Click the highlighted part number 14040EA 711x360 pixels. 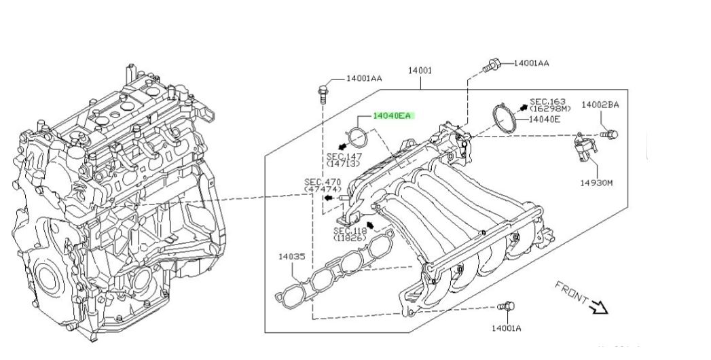click(x=392, y=116)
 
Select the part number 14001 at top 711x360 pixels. click(x=420, y=70)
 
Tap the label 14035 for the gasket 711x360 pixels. click(x=291, y=257)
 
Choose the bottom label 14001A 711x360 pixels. click(x=506, y=328)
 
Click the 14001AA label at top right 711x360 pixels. click(x=531, y=63)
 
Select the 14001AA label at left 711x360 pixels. click(x=364, y=78)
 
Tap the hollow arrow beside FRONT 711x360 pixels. click(x=598, y=308)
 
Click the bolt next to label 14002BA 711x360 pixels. click(x=610, y=134)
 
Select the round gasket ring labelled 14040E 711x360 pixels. click(x=503, y=118)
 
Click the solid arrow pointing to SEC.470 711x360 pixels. click(x=329, y=198)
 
